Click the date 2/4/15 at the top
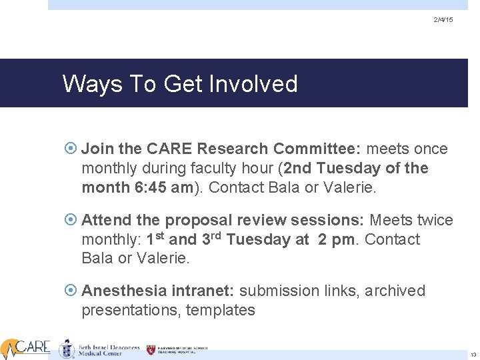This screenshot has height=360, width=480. coord(443,21)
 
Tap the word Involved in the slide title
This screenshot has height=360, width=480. coord(253,84)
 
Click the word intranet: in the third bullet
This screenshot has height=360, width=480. coord(203,291)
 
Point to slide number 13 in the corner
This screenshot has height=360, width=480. coord(473,355)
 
